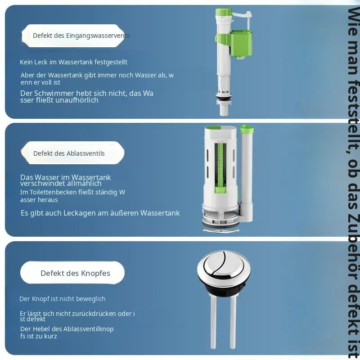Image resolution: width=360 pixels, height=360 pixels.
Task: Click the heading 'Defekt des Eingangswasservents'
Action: click(x=81, y=36)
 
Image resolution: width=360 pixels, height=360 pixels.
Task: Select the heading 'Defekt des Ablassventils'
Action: click(x=69, y=153)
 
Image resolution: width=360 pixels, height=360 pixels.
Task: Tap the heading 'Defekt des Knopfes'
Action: click(x=75, y=273)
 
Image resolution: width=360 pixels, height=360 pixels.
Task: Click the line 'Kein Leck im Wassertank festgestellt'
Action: click(x=73, y=62)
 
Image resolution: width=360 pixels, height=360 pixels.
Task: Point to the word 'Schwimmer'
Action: click(x=54, y=93)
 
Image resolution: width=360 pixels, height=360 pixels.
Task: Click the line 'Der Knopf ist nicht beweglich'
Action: click(x=63, y=299)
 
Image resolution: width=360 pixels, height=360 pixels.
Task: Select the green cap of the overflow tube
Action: click(x=247, y=129)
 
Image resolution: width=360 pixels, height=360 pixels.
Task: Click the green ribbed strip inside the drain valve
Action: click(x=220, y=168)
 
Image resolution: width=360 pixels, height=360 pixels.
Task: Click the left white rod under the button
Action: click(x=213, y=321)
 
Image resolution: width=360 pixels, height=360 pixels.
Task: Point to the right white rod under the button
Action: click(x=233, y=321)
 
